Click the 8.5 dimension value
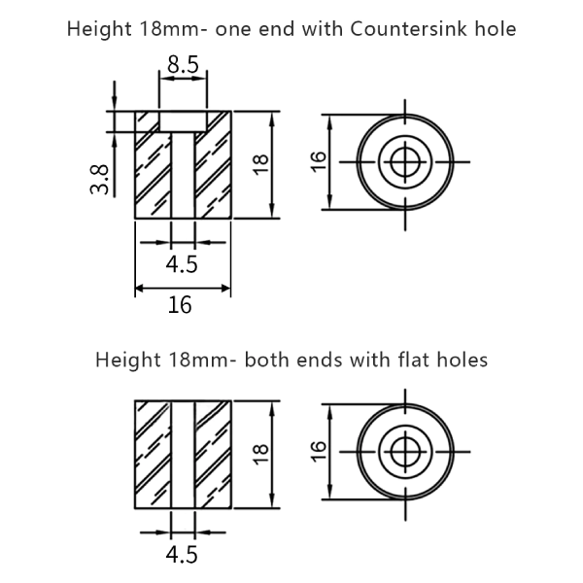[x=183, y=66]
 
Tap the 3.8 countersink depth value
[x=99, y=179]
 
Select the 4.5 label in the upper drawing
[x=183, y=264]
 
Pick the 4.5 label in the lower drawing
[x=183, y=555]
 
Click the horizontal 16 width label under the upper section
[x=181, y=305]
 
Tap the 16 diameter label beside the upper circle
[x=318, y=163]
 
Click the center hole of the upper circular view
[x=404, y=162]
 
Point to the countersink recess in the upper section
[x=183, y=121]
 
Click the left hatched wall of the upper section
[x=153, y=170]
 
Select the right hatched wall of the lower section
[x=213, y=454]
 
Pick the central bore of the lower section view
[x=183, y=454]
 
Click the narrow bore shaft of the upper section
[x=183, y=175]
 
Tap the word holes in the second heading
[x=457, y=360]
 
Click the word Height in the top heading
[x=100, y=29]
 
